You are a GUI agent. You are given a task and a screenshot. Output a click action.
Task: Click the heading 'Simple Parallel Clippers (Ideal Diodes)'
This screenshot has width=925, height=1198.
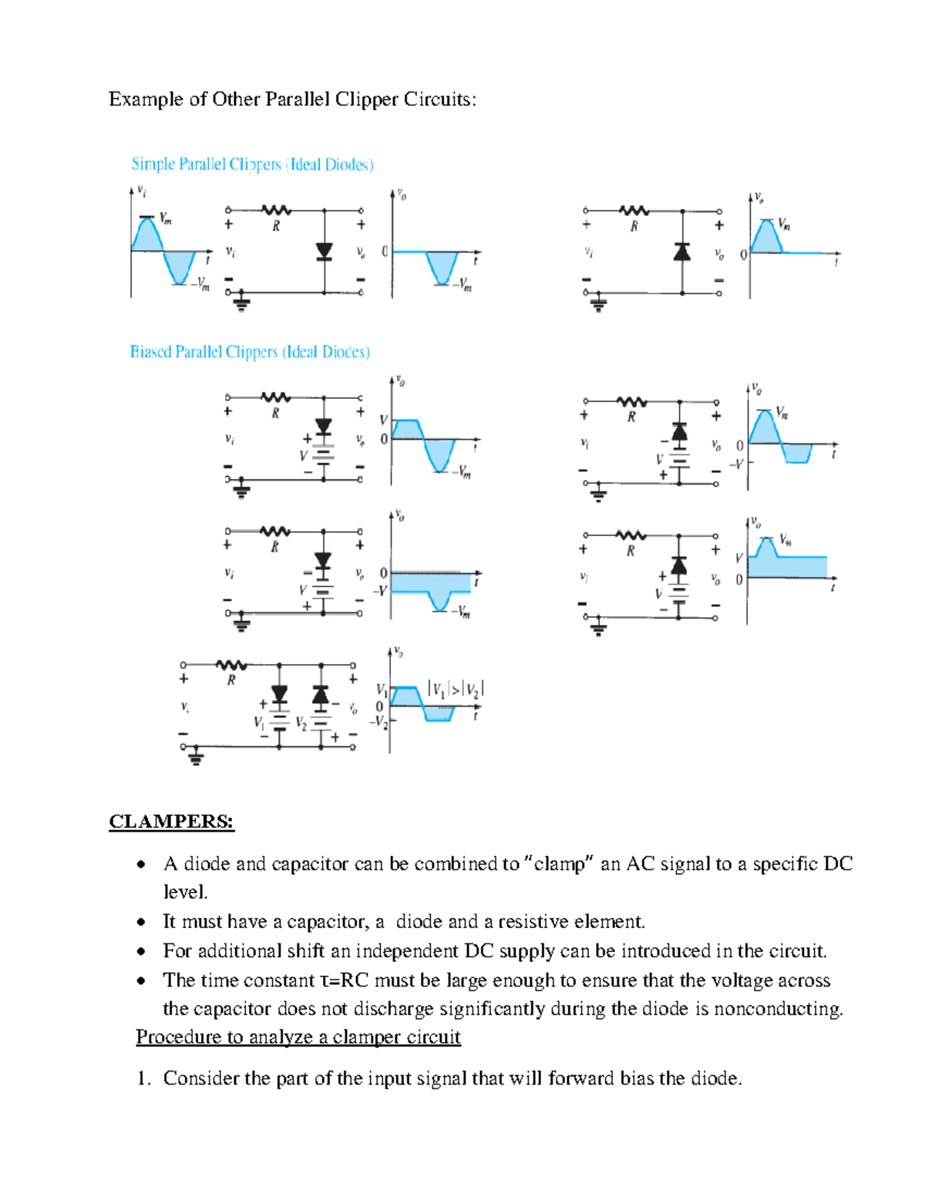252,164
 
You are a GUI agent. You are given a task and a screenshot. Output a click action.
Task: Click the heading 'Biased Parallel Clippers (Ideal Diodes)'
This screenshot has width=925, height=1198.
250,352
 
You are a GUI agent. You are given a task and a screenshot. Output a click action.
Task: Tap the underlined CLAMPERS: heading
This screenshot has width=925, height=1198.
171,821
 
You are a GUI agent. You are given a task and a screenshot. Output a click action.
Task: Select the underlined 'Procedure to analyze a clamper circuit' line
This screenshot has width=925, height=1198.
298,1037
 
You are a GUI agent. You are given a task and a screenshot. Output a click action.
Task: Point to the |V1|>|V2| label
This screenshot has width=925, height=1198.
455,690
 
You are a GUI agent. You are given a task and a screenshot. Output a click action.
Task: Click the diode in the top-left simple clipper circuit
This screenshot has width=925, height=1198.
325,251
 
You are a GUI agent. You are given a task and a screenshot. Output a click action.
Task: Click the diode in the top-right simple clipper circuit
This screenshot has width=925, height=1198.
682,251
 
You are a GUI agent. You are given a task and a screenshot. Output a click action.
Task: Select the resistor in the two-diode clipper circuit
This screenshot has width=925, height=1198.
231,665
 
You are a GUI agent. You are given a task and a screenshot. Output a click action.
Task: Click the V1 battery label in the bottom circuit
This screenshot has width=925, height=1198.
258,723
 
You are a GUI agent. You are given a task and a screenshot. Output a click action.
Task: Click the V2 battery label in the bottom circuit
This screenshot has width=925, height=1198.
301,724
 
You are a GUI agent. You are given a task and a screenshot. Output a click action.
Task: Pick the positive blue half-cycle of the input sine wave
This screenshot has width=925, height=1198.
147,235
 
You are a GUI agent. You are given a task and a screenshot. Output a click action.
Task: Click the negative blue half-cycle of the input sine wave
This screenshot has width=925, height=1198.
180,267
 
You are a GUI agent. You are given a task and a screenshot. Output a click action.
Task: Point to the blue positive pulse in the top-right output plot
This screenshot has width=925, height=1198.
766,238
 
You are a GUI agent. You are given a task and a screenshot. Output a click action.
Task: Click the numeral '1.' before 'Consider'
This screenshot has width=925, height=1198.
143,1078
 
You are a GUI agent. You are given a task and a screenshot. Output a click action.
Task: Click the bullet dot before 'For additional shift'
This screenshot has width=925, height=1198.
141,951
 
